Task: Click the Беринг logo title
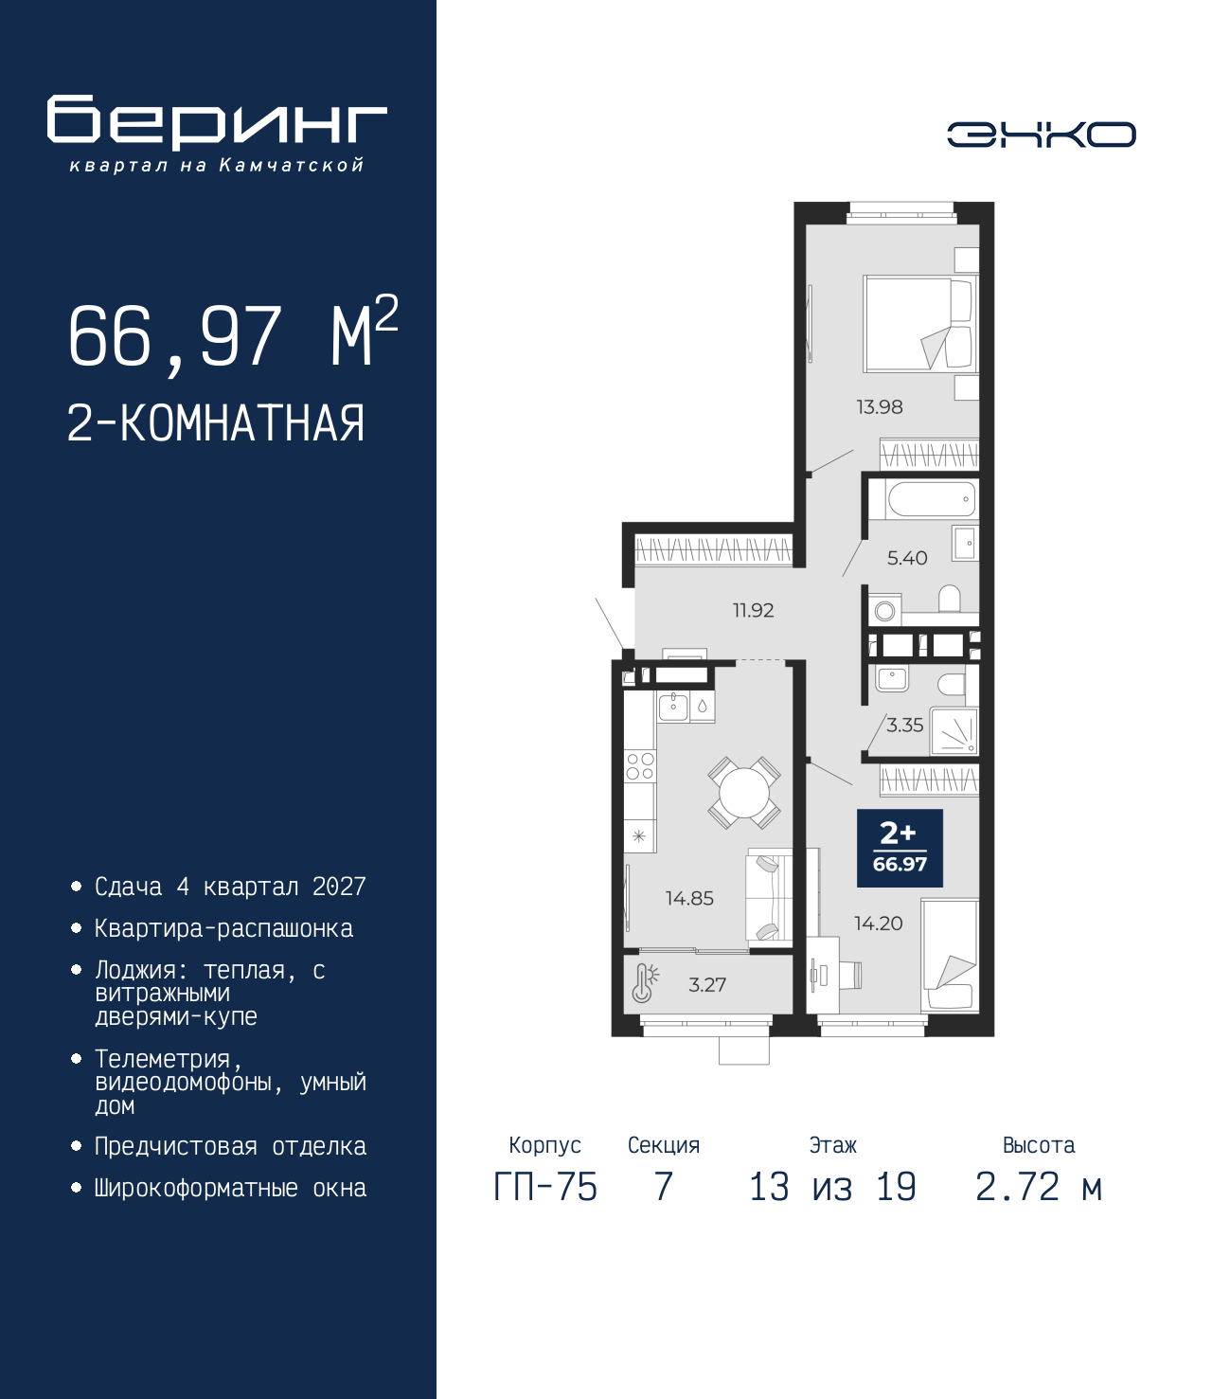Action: [x=217, y=122]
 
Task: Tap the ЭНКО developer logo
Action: [x=1041, y=135]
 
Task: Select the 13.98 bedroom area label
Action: [x=879, y=406]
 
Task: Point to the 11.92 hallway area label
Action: [x=753, y=611]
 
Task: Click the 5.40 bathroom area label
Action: [x=907, y=559]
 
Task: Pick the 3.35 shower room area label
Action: [x=905, y=726]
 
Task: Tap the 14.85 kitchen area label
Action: [x=689, y=898]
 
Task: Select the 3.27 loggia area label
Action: [x=707, y=985]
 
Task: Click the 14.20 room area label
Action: [x=878, y=924]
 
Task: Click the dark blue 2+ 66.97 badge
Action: [x=900, y=848]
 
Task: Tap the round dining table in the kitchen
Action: [x=743, y=793]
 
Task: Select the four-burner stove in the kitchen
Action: [x=639, y=766]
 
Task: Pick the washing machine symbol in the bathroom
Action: [x=883, y=611]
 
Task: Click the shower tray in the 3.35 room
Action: [x=954, y=731]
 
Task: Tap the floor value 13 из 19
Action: [x=832, y=1188]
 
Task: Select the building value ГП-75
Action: [x=544, y=1188]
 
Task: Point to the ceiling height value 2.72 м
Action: [x=1039, y=1188]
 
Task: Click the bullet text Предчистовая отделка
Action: [x=230, y=1146]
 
